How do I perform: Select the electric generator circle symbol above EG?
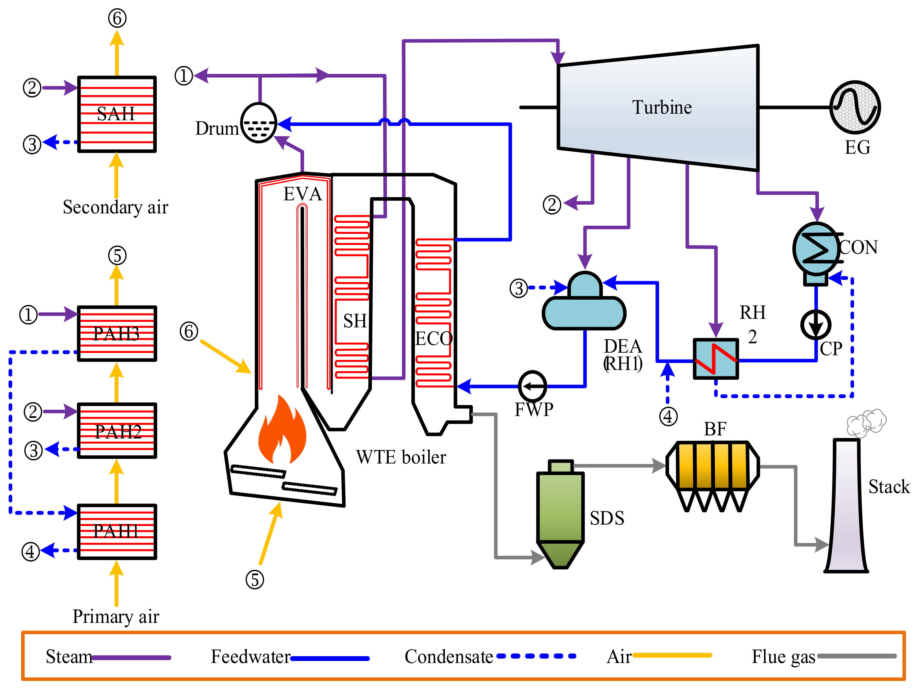(855, 107)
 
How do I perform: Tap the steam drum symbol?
(259, 123)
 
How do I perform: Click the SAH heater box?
(117, 114)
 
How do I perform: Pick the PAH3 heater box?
(117, 333)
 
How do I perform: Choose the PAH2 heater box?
(117, 431)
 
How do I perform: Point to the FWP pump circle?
(532, 386)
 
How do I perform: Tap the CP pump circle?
(815, 325)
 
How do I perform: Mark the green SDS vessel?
(560, 511)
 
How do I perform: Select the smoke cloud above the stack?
(867, 423)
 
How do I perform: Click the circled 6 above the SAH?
(117, 18)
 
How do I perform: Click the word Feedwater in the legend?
(251, 657)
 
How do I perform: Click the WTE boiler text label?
(401, 457)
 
